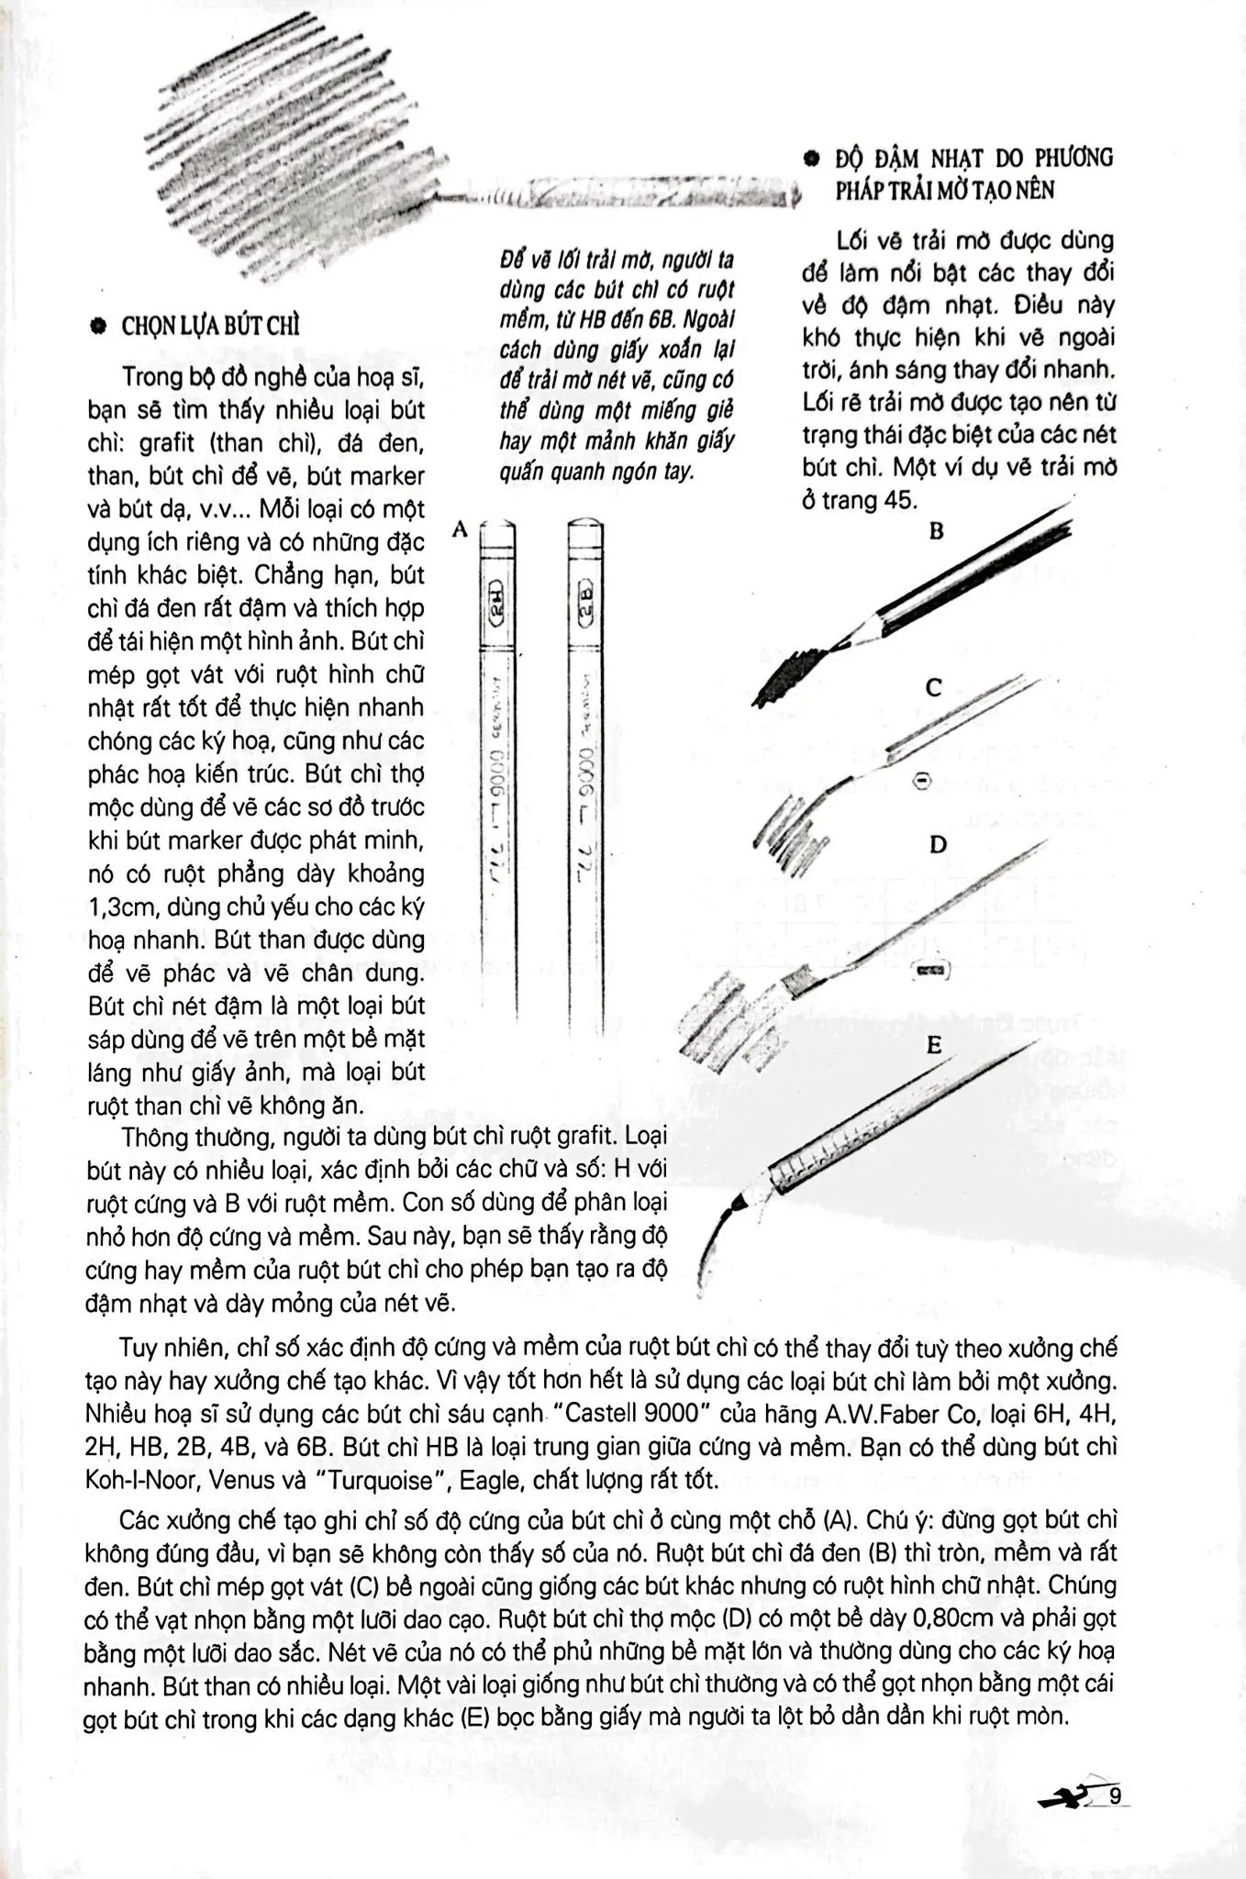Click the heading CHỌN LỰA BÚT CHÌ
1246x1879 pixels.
211,328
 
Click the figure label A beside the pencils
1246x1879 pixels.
461,528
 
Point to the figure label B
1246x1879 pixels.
936,531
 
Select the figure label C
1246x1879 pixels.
933,687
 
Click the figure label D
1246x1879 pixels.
937,844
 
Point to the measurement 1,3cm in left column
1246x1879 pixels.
119,906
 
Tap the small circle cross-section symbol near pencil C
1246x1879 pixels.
922,781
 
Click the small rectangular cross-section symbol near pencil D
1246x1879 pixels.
929,969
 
